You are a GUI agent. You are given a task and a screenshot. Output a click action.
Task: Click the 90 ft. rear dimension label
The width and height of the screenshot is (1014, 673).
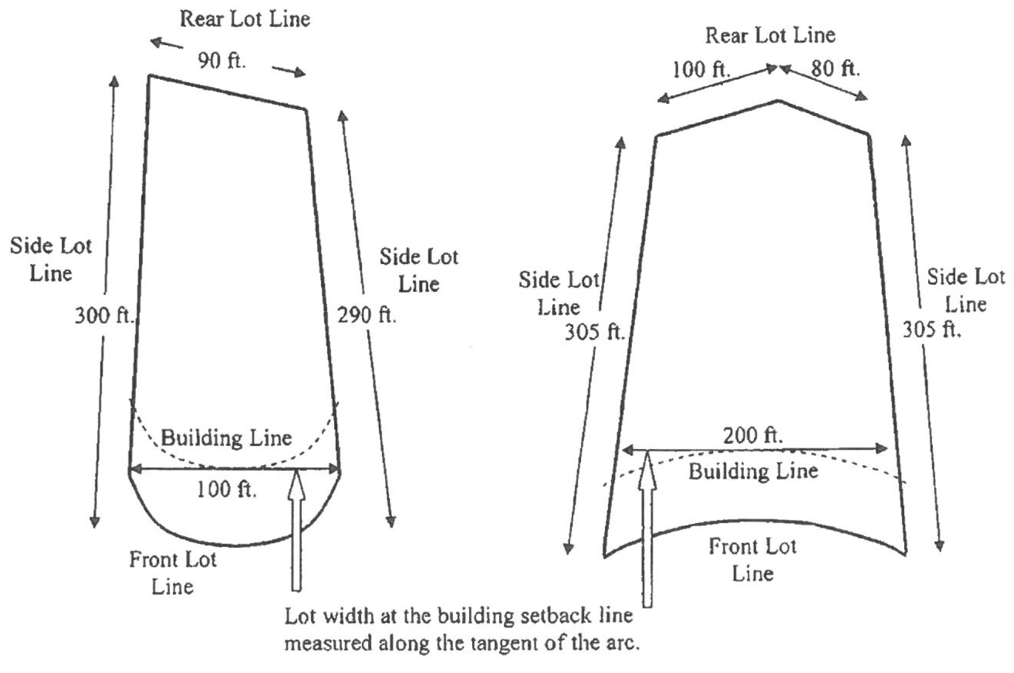pyautogui.click(x=222, y=61)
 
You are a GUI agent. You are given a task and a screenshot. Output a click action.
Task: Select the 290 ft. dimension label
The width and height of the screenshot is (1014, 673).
pyautogui.click(x=367, y=315)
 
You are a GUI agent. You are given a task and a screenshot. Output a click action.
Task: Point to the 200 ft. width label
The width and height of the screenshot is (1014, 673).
pyautogui.click(x=753, y=436)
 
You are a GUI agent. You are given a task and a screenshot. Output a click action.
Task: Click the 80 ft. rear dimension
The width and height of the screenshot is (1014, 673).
pyautogui.click(x=835, y=68)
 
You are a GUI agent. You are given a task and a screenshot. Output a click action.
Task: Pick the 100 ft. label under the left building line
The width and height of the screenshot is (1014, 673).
pyautogui.click(x=226, y=490)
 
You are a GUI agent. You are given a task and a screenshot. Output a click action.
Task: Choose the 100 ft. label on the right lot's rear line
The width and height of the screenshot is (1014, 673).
pyautogui.click(x=701, y=69)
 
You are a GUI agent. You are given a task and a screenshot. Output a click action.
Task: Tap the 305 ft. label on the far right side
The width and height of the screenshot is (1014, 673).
pyautogui.click(x=932, y=329)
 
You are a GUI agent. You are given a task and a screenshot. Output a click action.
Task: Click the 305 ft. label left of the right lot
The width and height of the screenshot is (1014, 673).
pyautogui.click(x=594, y=332)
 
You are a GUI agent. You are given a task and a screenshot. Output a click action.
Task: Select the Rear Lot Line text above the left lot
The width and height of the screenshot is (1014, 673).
pyautogui.click(x=245, y=20)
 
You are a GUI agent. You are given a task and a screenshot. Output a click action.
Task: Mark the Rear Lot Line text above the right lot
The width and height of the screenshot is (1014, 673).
pyautogui.click(x=770, y=35)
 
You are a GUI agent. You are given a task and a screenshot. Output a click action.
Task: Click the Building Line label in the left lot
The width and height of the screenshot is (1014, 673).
pyautogui.click(x=226, y=438)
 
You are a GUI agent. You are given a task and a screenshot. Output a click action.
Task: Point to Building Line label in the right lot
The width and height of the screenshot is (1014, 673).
pyautogui.click(x=753, y=471)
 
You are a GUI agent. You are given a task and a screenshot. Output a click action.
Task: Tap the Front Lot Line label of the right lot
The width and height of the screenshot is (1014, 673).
pyautogui.click(x=752, y=560)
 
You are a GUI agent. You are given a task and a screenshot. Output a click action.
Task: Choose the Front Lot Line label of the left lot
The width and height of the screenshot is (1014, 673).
pyautogui.click(x=173, y=573)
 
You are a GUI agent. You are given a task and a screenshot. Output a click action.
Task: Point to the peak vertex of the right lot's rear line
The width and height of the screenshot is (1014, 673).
pyautogui.click(x=778, y=101)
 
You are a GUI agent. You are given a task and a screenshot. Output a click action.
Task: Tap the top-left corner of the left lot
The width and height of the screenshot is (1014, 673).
pyautogui.click(x=149, y=76)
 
